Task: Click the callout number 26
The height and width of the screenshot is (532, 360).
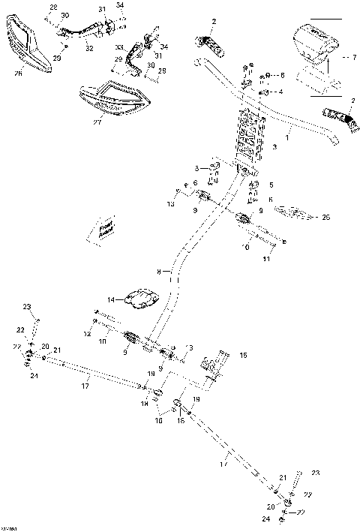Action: click(19, 74)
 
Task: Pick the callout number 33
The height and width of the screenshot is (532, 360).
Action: click(118, 47)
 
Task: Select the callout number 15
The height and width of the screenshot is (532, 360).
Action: click(242, 354)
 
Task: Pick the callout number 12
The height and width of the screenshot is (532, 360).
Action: click(88, 332)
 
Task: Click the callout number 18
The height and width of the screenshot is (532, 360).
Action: click(144, 404)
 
